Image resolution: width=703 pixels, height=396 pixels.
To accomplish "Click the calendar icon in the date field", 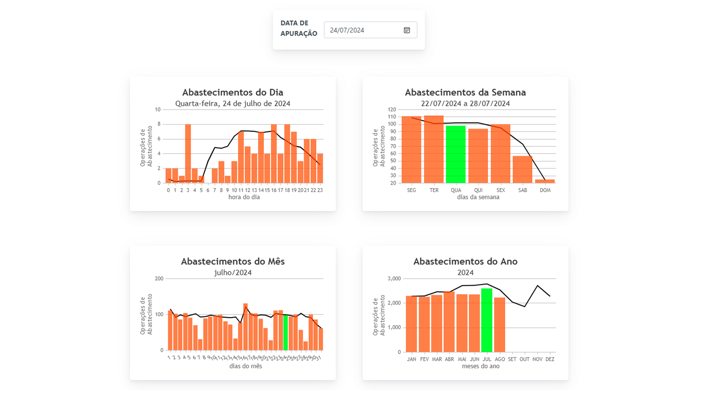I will point(407,30).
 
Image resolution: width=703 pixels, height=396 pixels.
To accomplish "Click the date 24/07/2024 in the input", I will point(347,30).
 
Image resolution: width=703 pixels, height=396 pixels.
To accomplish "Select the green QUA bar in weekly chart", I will point(456,154).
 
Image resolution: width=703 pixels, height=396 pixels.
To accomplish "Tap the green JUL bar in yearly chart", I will point(487,320).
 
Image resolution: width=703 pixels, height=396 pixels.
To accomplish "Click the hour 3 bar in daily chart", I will point(188,154).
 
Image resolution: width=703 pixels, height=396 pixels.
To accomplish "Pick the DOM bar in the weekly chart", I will point(545,181).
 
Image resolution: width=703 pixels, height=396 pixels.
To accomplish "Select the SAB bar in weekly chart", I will point(522,169).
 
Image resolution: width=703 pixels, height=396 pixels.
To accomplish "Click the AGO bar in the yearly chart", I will point(499,324).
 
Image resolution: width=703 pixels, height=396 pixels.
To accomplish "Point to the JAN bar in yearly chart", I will point(412,324).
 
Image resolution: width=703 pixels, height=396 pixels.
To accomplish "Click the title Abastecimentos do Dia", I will point(233,92).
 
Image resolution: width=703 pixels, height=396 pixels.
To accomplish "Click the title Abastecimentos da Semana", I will point(465,92).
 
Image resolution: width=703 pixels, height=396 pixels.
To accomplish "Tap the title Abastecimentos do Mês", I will point(233,261).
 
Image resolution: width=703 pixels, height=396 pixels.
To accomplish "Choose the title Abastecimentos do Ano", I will point(465,261).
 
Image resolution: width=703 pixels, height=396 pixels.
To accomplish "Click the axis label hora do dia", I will point(244,197).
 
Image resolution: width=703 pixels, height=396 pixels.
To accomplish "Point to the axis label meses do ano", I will point(480,366).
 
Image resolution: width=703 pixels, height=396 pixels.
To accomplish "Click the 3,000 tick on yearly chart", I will point(394,279).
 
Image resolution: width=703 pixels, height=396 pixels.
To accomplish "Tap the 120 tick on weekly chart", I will point(392,110).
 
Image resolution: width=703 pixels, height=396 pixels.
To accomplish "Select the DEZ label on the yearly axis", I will point(550,359).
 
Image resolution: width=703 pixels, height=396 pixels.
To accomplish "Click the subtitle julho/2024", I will point(233,273).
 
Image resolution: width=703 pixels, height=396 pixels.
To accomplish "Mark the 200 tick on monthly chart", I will point(159,279).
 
